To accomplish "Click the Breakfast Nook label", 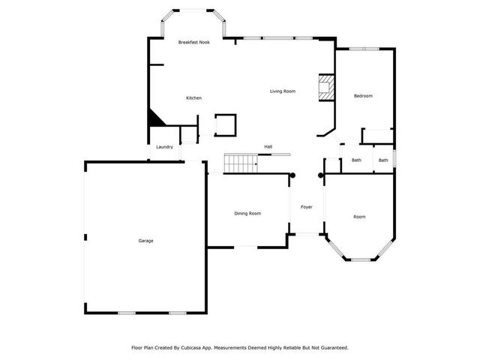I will (x=193, y=43).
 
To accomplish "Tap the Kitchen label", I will (x=193, y=98).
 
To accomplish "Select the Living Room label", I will (x=283, y=91).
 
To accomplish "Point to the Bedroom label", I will (x=363, y=96).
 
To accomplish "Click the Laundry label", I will (x=165, y=147).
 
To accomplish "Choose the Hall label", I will (x=268, y=146).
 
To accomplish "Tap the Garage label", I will (x=145, y=241).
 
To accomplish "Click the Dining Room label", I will (x=247, y=214).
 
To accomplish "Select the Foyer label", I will (x=307, y=207).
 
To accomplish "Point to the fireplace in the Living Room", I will (x=325, y=86).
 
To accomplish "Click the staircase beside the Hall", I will (x=240, y=163).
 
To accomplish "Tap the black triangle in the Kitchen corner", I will (x=154, y=117).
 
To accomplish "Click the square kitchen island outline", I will (x=225, y=124).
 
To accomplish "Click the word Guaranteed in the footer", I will (x=331, y=347).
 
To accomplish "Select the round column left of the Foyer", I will (x=292, y=175).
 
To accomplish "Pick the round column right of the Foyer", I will (x=322, y=175).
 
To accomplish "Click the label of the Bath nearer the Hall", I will (x=356, y=160).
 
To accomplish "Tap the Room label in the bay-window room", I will (x=359, y=217).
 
